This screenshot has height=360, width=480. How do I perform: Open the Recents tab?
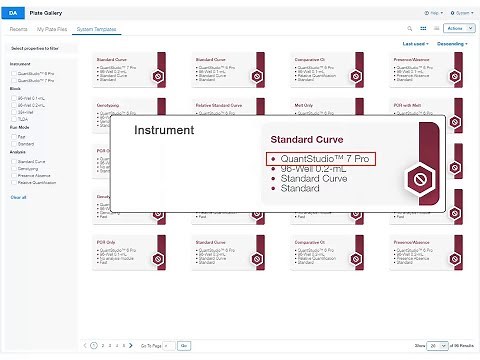point(19,29)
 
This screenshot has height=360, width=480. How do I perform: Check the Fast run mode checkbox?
point(14,137)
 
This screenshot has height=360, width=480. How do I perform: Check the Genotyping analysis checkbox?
point(14,168)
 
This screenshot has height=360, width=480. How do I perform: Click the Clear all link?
point(18,197)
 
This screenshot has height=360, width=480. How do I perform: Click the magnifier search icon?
point(410,29)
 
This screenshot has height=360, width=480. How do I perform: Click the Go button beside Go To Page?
point(183,344)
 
